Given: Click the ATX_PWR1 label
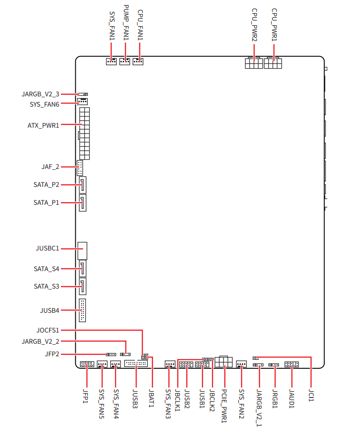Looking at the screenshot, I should (x=43, y=125).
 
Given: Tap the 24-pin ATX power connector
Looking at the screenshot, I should (x=84, y=133).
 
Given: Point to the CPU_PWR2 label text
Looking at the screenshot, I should (x=254, y=25).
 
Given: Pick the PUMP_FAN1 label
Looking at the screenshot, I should (x=126, y=23).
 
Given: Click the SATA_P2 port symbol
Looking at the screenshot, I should (x=83, y=185).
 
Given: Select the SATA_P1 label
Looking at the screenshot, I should (x=46, y=203).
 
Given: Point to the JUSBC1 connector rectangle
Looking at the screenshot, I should (x=82, y=251).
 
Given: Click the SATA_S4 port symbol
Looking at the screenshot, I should (x=83, y=269).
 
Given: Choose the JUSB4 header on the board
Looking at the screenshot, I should (x=82, y=310).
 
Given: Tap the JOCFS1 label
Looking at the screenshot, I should (x=47, y=330).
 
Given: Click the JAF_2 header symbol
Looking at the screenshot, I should (x=80, y=168).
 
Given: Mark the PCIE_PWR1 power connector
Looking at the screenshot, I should (x=223, y=362).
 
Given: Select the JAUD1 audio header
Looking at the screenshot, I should (x=291, y=365).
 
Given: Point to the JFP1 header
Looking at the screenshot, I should (x=87, y=364).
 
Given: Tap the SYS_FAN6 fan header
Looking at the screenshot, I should (x=82, y=101).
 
